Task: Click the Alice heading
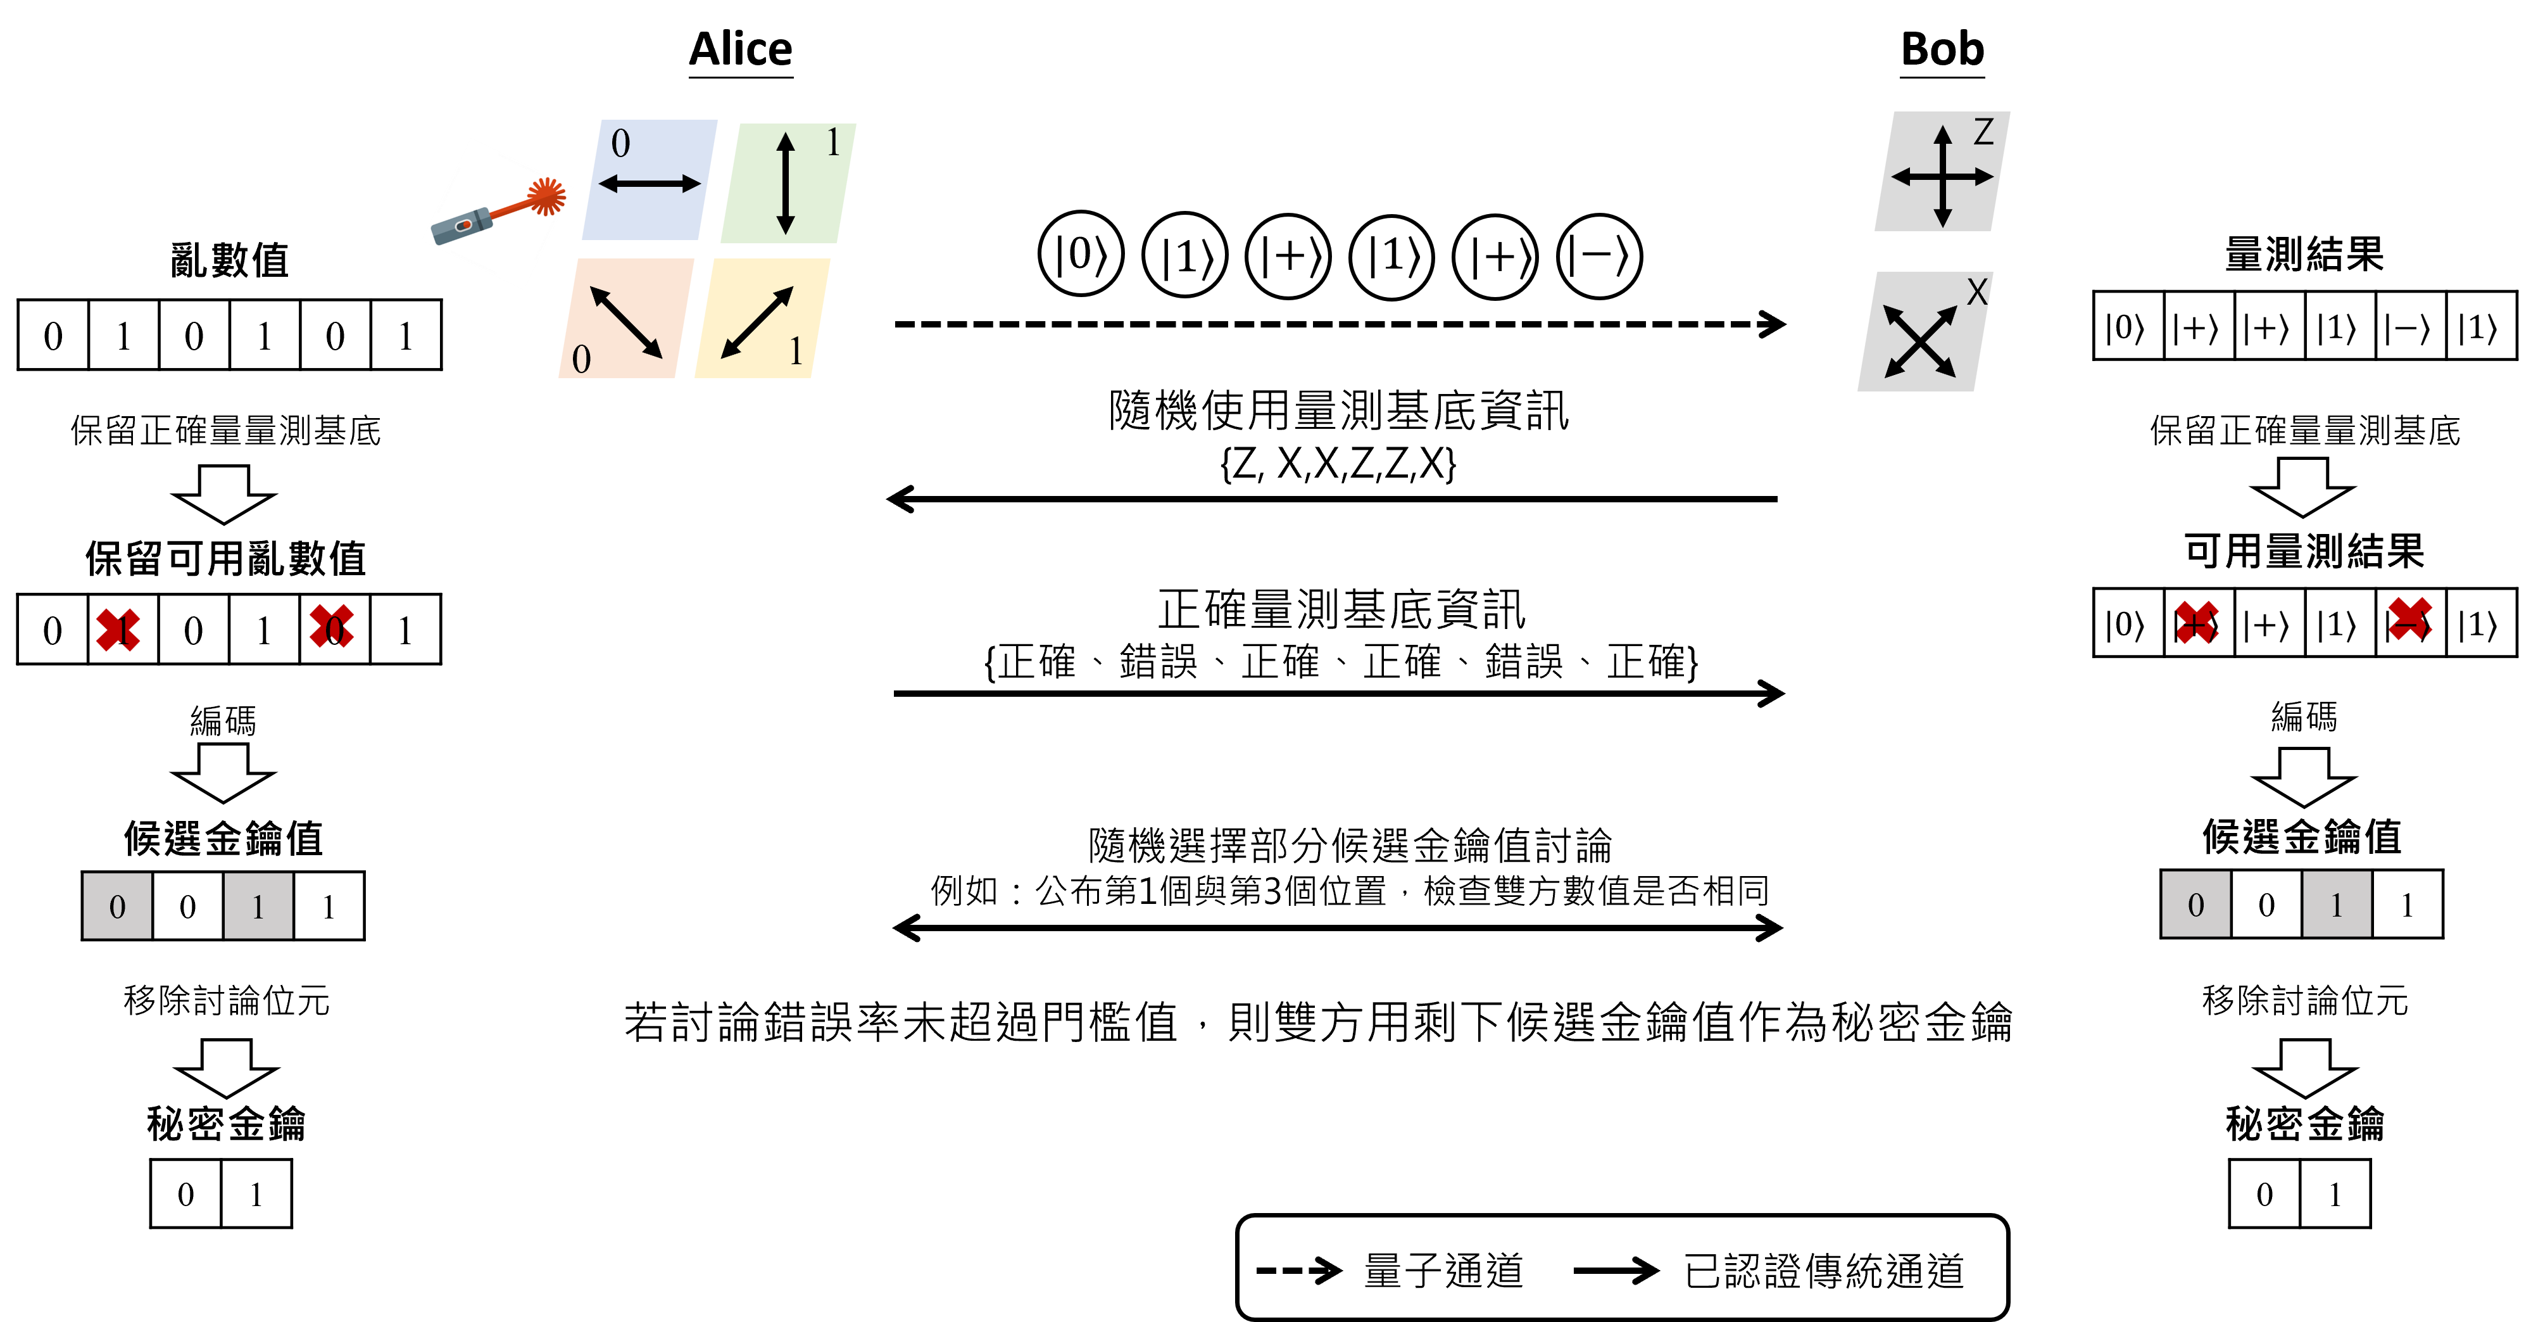pyautogui.click(x=740, y=49)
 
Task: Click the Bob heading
pyautogui.click(x=1942, y=49)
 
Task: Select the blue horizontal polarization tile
pyautogui.click(x=650, y=180)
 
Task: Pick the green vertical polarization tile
pyautogui.click(x=788, y=183)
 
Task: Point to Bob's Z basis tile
pyautogui.click(x=1942, y=171)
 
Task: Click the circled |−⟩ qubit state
pyautogui.click(x=1598, y=257)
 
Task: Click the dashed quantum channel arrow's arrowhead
pyautogui.click(x=1773, y=324)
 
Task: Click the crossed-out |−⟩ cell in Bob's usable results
pyautogui.click(x=2409, y=621)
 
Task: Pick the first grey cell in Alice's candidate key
pyautogui.click(x=117, y=905)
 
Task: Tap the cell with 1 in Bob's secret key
pyautogui.click(x=2335, y=1193)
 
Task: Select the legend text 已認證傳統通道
pyautogui.click(x=1824, y=1271)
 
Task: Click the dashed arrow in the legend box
pyautogui.click(x=1299, y=1270)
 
